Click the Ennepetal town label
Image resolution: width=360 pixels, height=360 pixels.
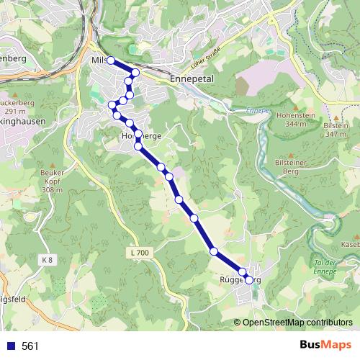click(x=192, y=78)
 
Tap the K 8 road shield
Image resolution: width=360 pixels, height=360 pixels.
click(x=48, y=259)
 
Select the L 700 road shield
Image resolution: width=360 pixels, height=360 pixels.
click(x=141, y=253)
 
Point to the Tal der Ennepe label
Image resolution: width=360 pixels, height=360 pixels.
click(x=325, y=266)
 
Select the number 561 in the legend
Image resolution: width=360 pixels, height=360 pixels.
click(x=30, y=346)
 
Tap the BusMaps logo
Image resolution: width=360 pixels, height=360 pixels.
click(x=325, y=346)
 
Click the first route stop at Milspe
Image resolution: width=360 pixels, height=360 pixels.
click(x=111, y=60)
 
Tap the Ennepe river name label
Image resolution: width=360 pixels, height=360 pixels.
click(x=256, y=111)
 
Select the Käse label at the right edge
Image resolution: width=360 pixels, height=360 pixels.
click(x=351, y=246)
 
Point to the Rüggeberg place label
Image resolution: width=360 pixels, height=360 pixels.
click(x=238, y=279)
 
